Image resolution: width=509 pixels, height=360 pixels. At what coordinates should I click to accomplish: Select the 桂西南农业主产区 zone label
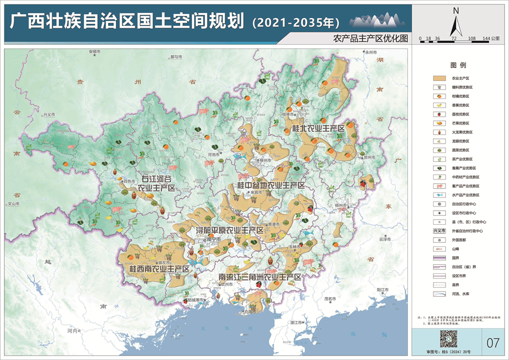[x=158, y=268]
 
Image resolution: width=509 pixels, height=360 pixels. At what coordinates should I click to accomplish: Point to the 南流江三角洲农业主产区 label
[x=260, y=277]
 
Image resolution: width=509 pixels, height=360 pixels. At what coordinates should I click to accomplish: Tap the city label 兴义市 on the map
[x=49, y=114]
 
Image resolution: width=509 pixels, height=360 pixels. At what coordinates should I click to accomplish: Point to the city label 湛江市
[x=298, y=322]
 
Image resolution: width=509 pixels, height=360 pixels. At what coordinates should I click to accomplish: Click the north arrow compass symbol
[x=456, y=23]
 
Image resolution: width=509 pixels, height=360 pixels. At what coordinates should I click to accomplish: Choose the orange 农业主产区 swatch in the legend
[x=439, y=78]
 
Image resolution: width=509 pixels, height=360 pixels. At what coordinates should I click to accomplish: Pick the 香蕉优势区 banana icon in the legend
[x=439, y=105]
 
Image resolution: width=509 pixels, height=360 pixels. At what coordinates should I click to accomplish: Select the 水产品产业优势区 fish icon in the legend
[x=439, y=195]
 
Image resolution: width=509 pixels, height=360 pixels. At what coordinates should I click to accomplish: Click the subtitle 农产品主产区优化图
[x=370, y=38]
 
